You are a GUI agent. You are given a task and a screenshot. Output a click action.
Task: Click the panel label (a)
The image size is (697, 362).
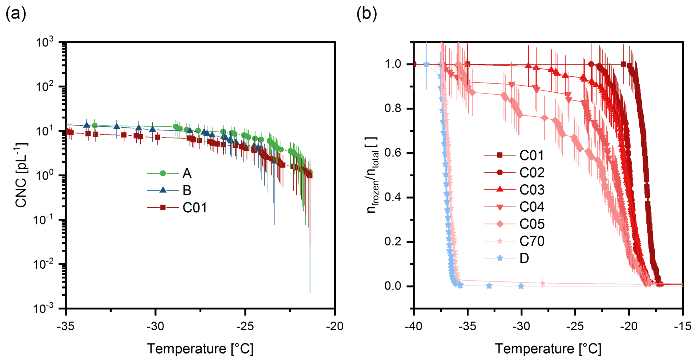pyautogui.click(x=16, y=14)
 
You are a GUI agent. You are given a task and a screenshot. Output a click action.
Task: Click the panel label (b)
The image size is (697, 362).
pyautogui.click(x=367, y=14)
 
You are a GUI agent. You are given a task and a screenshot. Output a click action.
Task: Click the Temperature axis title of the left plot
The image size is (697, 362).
pyautogui.click(x=200, y=349)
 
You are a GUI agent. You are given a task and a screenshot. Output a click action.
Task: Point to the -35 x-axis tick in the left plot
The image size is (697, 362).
pyautogui.click(x=66, y=326)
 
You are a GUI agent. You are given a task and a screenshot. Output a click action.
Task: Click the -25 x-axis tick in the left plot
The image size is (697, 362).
pyautogui.click(x=245, y=326)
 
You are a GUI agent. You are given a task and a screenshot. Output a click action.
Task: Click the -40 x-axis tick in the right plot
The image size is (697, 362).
pyautogui.click(x=414, y=326)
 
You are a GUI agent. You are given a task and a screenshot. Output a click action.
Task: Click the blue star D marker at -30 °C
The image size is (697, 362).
pyautogui.click(x=521, y=286)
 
